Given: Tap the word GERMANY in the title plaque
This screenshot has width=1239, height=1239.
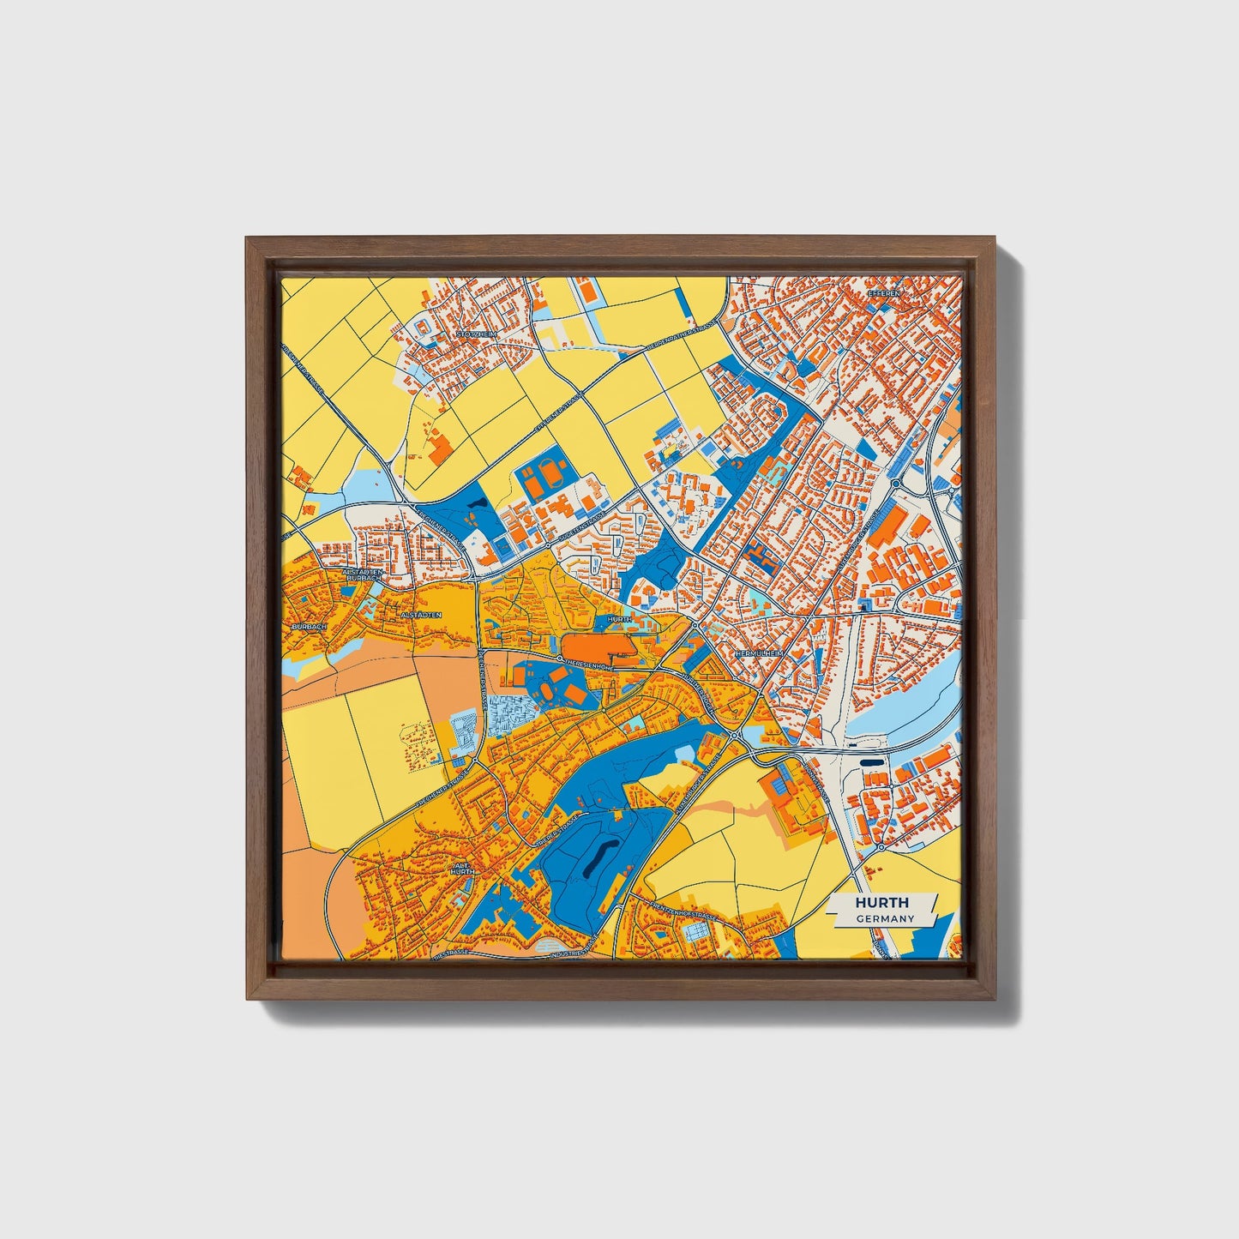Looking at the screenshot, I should (883, 918).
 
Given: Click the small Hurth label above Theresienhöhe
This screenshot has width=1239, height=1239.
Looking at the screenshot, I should (618, 618).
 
